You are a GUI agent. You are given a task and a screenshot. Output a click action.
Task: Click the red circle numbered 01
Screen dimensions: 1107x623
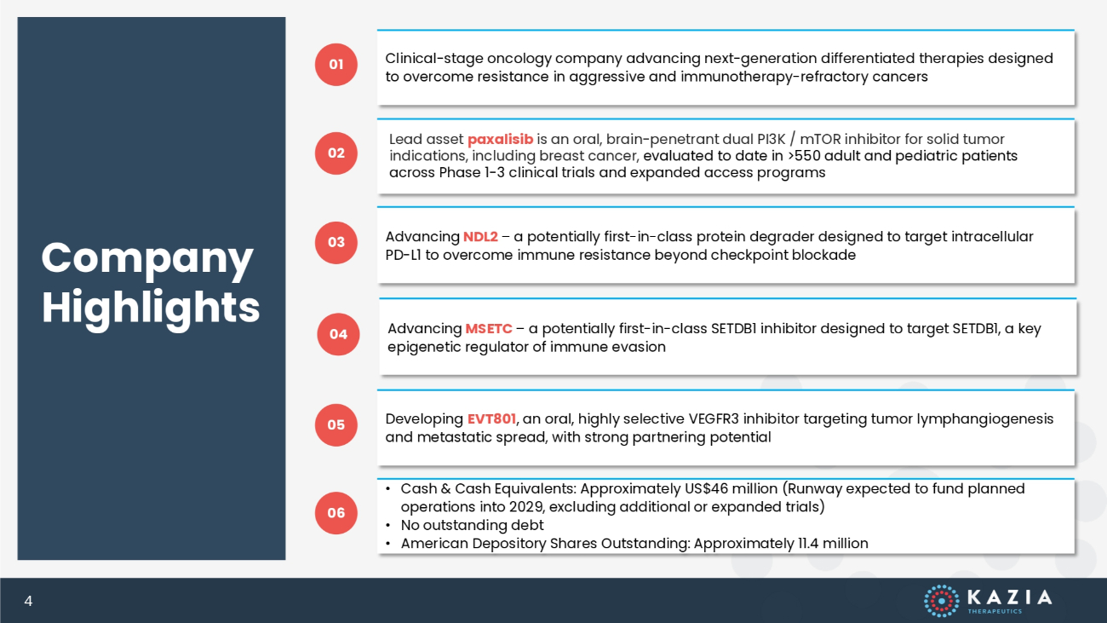[336, 64]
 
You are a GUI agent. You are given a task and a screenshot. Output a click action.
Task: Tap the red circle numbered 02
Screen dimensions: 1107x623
[336, 153]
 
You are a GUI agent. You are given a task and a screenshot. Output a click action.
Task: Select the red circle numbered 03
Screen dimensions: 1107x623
[336, 242]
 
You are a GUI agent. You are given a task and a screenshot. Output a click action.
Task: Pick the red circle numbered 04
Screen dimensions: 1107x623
[338, 334]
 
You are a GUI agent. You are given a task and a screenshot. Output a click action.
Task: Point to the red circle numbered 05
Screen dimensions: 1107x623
[336, 425]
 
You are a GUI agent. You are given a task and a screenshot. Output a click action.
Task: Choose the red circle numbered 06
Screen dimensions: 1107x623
[336, 513]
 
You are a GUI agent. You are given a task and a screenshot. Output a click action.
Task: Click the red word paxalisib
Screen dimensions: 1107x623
[500, 140]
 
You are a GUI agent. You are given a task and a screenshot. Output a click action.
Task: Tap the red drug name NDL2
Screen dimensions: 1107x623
[480, 236]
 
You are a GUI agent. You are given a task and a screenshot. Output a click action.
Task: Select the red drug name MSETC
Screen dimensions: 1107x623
[489, 329]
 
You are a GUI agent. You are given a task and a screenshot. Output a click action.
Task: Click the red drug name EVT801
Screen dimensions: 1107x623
[491, 418]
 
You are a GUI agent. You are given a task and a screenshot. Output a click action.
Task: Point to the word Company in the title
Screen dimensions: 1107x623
[147, 260]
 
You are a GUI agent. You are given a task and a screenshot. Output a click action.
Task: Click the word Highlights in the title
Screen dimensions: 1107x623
[151, 308]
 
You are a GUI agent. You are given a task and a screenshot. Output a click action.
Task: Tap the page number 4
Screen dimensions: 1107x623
[28, 601]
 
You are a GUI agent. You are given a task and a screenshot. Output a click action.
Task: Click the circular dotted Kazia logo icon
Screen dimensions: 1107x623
[942, 601]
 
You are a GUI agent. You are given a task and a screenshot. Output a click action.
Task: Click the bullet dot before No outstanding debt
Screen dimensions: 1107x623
[388, 525]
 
